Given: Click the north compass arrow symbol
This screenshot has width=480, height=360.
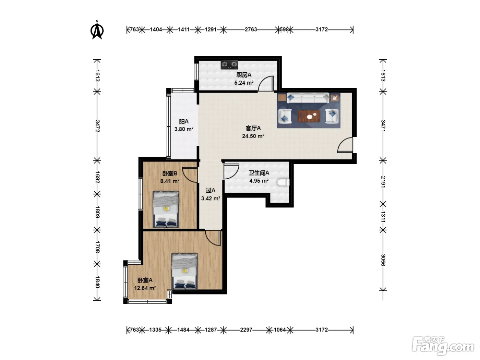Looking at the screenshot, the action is [x=97, y=30].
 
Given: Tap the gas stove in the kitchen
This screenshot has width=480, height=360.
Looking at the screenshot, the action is [x=229, y=64].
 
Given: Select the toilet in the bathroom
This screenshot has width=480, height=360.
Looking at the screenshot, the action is [x=283, y=182].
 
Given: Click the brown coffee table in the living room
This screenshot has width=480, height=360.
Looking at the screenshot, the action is [x=309, y=116].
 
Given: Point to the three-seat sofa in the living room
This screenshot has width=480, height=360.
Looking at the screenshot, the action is [x=308, y=98].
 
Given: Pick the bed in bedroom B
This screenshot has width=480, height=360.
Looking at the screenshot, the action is [x=166, y=209].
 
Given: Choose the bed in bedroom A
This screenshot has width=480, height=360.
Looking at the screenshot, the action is [x=184, y=272].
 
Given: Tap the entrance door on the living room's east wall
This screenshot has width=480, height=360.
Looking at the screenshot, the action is [x=345, y=145].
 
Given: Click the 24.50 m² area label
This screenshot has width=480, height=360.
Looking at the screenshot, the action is [x=253, y=136].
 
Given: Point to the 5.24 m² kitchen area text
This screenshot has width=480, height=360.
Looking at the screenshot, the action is [x=244, y=83].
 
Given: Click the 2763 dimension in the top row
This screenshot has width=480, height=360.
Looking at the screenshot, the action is [x=251, y=29].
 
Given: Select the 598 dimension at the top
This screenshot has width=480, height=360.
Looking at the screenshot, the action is [x=284, y=29].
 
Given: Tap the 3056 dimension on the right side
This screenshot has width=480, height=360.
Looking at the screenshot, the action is [x=383, y=260].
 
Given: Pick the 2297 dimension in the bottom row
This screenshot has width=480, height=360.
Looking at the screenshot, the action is [x=246, y=329].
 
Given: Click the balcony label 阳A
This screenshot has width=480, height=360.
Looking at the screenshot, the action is [x=184, y=121].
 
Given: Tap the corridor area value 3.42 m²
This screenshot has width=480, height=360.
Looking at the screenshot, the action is [x=211, y=199].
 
